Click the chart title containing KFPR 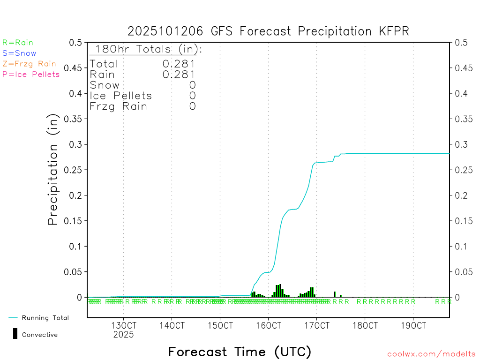point(268,31)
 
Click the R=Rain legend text point(18,43)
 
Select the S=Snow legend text point(19,53)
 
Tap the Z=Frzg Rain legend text point(29,64)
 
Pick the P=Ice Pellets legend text point(31,74)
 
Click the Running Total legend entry point(45,318)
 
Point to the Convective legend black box point(15,334)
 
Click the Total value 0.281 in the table point(179,64)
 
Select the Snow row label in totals point(105,85)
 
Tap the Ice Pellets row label point(121,96)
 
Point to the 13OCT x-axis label point(123,325)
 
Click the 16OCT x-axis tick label point(268,325)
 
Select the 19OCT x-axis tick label point(413,325)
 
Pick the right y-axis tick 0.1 point(460,246)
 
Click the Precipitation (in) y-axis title point(53,170)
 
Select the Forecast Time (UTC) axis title point(240,352)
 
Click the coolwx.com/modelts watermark point(431,354)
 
